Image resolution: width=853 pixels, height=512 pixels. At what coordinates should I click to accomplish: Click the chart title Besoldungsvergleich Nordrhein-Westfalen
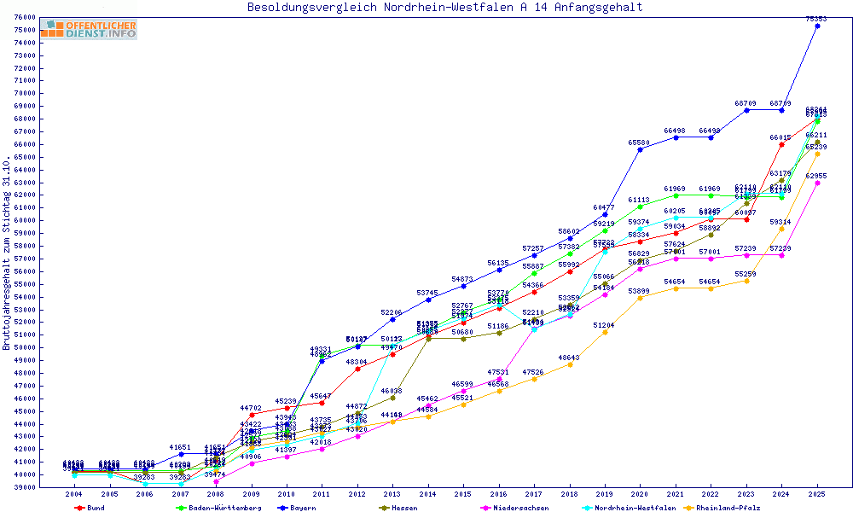point(444,7)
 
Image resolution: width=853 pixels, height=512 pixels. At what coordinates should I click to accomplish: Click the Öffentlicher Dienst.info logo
point(88,29)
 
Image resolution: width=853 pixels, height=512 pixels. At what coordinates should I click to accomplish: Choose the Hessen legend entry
point(404,508)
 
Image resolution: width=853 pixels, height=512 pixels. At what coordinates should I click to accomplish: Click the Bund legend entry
point(96,508)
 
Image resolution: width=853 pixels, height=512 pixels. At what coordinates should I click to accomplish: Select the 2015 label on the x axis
point(463,494)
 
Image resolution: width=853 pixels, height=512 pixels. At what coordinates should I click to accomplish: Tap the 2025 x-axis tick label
point(817,494)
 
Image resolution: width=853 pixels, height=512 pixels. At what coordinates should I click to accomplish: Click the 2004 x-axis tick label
point(74,494)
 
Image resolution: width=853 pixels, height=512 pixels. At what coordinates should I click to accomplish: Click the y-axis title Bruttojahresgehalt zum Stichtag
point(7,253)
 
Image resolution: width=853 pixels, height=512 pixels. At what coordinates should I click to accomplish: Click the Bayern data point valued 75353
point(817,26)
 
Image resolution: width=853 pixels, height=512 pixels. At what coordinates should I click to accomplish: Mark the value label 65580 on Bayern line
point(640,143)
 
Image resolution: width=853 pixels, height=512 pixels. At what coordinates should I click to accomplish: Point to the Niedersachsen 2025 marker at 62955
point(817,183)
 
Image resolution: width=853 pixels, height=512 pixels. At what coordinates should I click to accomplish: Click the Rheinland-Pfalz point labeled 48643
point(570,364)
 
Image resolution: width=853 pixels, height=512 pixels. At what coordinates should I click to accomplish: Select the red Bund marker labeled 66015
point(781,144)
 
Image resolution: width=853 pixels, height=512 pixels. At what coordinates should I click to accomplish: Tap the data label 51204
point(605,325)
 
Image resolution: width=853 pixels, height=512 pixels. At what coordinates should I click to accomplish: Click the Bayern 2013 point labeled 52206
point(392,319)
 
